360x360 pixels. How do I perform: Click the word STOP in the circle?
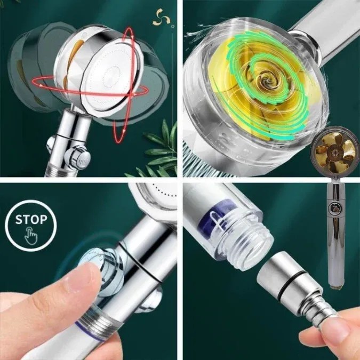point(31,220)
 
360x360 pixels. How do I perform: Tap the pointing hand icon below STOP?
point(31,236)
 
